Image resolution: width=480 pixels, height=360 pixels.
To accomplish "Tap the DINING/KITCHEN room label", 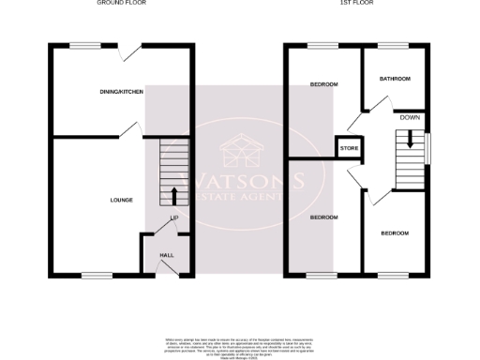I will point(122,91).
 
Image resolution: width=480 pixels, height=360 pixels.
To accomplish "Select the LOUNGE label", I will point(121,200).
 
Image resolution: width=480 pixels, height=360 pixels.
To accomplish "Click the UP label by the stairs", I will point(173,218).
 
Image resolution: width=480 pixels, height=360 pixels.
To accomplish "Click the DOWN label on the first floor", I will point(410,118).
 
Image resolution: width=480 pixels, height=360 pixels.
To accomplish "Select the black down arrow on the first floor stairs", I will point(409,140).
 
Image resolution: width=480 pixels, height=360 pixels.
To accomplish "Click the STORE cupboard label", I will point(349,148).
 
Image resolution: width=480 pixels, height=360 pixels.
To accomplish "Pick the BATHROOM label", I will point(395,79).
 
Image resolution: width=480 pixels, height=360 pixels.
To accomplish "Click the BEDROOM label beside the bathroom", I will point(323,84).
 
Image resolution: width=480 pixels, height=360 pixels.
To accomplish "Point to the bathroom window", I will point(392,44).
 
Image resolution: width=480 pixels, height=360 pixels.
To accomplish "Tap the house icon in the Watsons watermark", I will point(240,150).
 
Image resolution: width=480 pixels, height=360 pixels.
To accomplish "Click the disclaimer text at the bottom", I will point(240,342).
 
